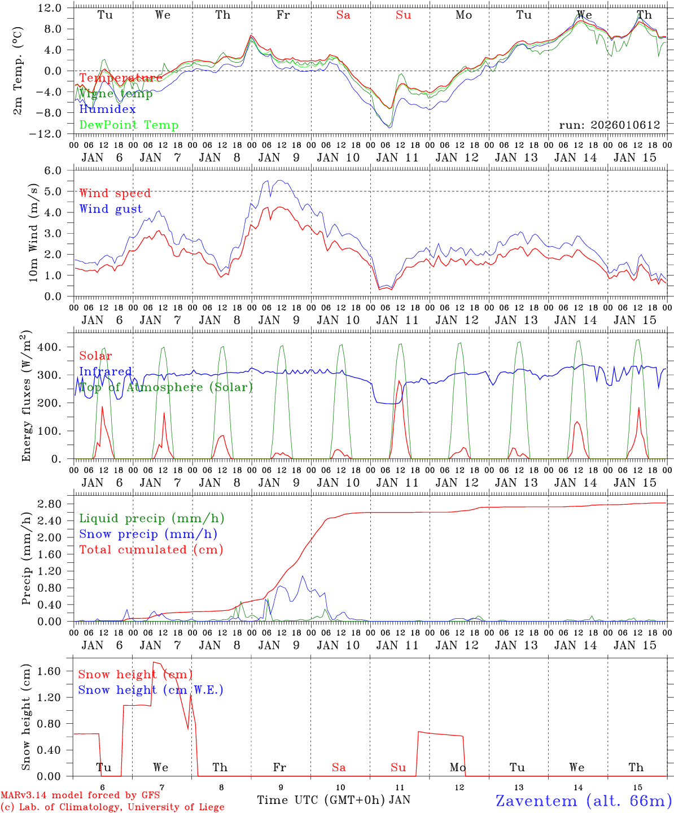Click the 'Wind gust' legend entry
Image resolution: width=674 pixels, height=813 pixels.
[x=111, y=209]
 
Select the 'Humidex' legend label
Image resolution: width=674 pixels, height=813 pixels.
[x=107, y=109]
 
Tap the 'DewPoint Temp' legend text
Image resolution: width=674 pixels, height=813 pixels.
[x=129, y=125]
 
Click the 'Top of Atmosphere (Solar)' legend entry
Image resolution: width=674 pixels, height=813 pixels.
[x=165, y=387]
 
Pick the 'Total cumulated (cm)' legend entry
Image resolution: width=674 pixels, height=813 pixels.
[x=151, y=549]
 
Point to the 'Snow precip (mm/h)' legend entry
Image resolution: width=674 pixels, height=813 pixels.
[x=148, y=534]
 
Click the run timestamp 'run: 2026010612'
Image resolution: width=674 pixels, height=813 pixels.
[x=610, y=125]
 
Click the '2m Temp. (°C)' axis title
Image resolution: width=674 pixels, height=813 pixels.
[x=18, y=71]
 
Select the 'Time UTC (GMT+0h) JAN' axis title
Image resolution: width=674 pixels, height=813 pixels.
[x=334, y=800]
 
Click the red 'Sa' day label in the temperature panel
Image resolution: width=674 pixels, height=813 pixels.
[x=343, y=15]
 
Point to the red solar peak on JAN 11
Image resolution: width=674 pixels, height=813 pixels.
[x=399, y=382]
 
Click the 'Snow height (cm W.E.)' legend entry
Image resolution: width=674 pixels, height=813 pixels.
[x=151, y=690]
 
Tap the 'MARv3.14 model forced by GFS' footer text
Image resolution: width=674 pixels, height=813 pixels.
[x=80, y=795]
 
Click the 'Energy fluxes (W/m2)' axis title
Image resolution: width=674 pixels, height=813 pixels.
[x=27, y=395]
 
